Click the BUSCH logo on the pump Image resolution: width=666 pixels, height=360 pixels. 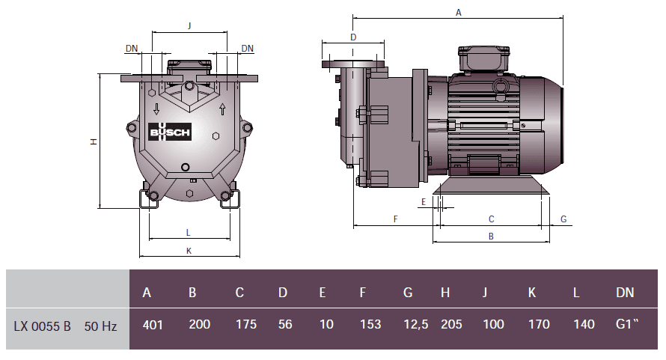171,132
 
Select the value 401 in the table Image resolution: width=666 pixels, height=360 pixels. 153,324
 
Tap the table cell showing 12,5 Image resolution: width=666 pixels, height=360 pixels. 408,324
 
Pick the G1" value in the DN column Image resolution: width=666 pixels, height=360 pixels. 626,324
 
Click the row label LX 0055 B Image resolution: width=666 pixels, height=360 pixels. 43,326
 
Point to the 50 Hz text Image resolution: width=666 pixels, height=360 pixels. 100,326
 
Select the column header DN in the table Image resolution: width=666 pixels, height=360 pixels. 625,293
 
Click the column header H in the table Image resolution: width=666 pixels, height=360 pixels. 445,293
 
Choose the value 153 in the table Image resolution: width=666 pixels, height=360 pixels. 370,324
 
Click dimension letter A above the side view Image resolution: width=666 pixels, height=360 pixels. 458,12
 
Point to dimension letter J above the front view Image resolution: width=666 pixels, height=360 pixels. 189,25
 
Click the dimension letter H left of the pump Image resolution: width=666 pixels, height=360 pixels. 94,141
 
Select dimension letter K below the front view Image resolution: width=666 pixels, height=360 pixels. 189,251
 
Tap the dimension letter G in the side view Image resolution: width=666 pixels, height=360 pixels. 563,219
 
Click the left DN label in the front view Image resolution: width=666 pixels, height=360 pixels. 132,48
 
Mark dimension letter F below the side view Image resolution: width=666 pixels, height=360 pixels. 394,219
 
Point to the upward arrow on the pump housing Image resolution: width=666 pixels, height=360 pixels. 222,109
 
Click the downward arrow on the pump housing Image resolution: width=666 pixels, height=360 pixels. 156,109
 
